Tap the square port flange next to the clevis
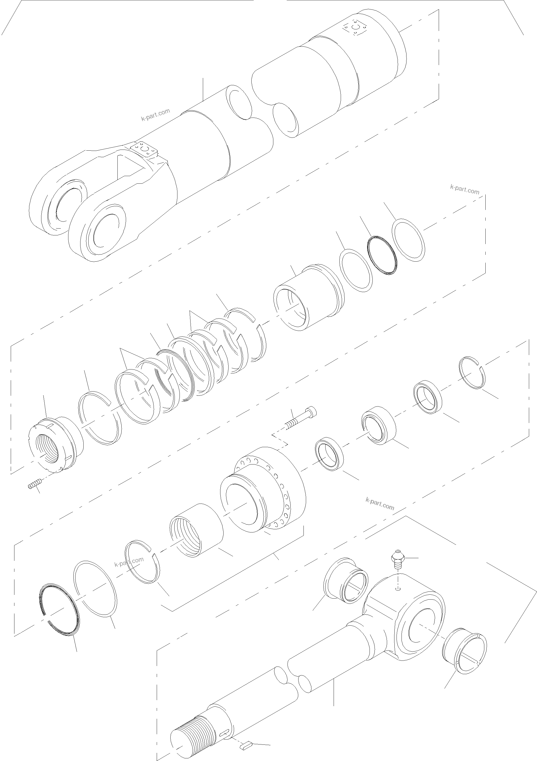tap(144, 149)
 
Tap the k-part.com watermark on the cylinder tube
tap(156, 114)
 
